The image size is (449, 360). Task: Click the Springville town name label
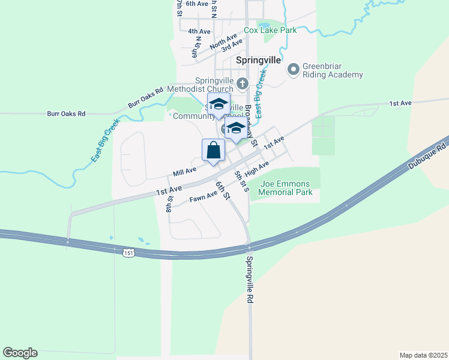258,61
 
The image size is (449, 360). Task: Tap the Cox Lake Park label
270,30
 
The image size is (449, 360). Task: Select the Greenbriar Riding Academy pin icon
294,70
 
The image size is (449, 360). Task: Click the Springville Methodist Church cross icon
243,83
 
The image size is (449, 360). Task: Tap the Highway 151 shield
128,253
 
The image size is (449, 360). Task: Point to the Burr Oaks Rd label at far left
66,113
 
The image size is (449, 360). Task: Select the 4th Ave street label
199,31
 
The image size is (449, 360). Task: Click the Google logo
20,352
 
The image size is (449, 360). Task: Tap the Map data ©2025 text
423,355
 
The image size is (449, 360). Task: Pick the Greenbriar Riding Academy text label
333,70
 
